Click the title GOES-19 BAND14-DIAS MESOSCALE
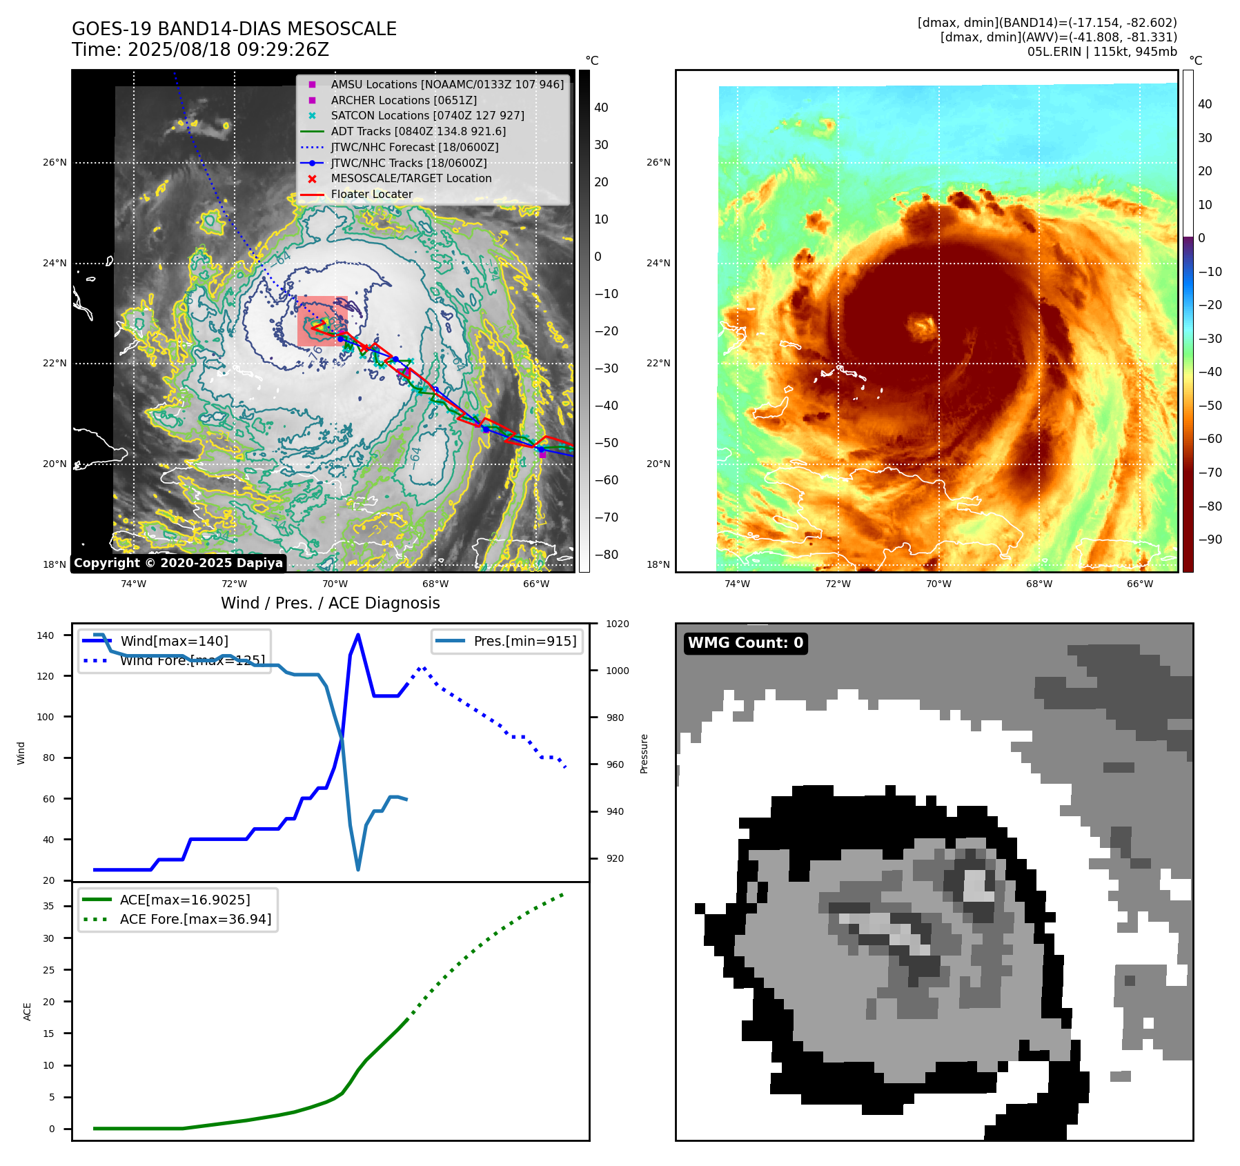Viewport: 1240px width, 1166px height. click(x=234, y=29)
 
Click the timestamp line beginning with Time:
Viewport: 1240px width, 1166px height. click(x=200, y=50)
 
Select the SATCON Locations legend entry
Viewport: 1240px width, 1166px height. click(x=427, y=115)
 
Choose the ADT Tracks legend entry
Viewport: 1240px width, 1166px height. click(x=418, y=131)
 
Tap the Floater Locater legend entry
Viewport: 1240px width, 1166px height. click(x=371, y=194)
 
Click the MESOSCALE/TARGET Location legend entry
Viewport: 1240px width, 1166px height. click(x=411, y=178)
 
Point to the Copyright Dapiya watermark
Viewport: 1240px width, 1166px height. click(x=178, y=562)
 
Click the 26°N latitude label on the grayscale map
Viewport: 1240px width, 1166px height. click(x=55, y=163)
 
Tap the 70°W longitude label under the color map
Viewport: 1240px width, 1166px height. click(x=938, y=584)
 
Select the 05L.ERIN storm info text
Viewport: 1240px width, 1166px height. click(x=1102, y=52)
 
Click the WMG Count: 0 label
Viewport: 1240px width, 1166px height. click(x=745, y=643)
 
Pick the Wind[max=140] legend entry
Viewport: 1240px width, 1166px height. click(x=174, y=641)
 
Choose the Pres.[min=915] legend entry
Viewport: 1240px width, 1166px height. click(x=524, y=641)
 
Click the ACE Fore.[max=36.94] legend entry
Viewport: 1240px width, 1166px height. click(x=195, y=919)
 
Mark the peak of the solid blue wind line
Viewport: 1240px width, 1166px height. click(x=357, y=635)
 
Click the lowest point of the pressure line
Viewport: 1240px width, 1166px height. click(x=358, y=869)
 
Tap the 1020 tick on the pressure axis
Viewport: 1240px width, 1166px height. click(x=617, y=624)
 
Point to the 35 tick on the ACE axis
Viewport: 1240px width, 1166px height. click(x=48, y=906)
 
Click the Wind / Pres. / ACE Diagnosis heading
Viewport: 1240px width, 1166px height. click(x=330, y=603)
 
